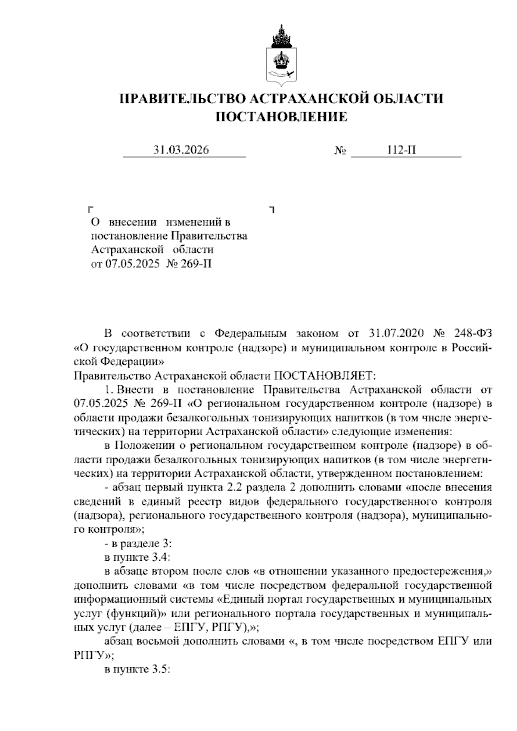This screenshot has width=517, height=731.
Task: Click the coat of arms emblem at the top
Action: (281, 56)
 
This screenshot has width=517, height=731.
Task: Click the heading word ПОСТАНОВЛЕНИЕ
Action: (281, 117)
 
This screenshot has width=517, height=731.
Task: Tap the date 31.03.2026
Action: (181, 150)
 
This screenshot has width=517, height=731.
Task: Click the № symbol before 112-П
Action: (340, 151)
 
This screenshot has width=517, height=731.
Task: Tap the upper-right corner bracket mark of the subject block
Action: (272, 210)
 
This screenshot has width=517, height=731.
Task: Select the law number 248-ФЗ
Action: (473, 334)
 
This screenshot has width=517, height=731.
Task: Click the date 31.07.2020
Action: (396, 334)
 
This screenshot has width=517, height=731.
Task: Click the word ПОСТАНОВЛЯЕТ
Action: (325, 375)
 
